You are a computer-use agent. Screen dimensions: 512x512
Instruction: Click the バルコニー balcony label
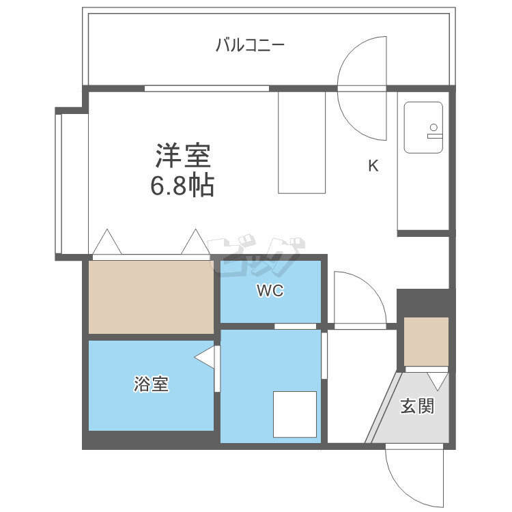250,46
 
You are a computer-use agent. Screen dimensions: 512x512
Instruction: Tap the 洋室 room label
182,156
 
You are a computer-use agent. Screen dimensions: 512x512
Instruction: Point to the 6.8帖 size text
182,185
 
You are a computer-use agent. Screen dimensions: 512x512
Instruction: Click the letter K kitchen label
373,165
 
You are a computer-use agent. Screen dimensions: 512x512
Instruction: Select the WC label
270,291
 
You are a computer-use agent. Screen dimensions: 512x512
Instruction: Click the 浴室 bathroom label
151,384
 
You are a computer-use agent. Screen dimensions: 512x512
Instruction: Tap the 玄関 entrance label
416,406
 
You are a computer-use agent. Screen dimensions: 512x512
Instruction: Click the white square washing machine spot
295,414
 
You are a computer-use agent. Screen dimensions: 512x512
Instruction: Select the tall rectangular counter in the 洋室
302,142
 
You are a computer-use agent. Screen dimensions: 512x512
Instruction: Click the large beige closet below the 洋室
152,297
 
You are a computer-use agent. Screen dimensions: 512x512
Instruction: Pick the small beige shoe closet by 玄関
426,341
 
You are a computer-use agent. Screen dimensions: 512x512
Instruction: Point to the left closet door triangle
106,242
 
